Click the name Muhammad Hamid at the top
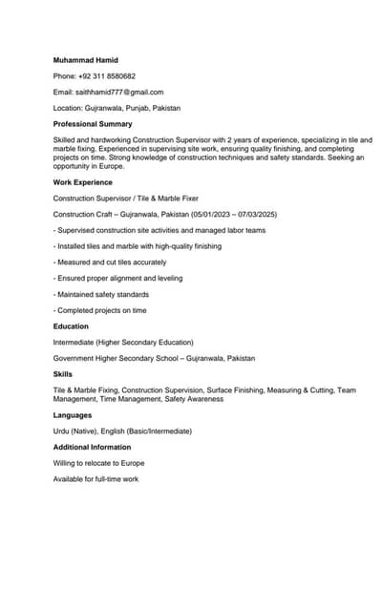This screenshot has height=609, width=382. click(86, 60)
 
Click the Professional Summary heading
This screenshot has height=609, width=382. click(93, 124)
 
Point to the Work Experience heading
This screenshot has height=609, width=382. click(83, 182)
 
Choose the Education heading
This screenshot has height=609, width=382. click(71, 326)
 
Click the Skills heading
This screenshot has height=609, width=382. click(63, 374)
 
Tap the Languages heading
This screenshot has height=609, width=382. click(73, 415)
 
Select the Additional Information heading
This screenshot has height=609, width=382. click(92, 447)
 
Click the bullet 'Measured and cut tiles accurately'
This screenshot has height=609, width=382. click(110, 262)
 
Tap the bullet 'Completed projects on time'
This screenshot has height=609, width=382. click(100, 310)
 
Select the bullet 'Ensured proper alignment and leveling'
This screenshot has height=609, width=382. click(118, 279)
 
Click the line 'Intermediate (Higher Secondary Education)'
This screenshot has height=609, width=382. click(123, 342)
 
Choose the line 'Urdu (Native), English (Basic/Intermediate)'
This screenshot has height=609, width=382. click(122, 431)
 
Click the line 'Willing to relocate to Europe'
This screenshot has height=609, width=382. click(99, 463)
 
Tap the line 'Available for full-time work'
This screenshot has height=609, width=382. click(95, 478)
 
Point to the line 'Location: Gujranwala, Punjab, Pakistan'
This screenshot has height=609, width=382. click(117, 109)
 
